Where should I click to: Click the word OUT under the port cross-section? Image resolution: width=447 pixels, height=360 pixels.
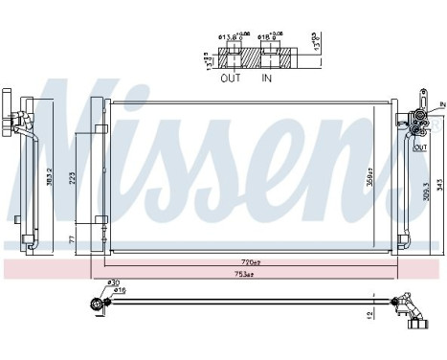(232, 79)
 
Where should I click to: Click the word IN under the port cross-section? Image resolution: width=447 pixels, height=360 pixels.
(267, 79)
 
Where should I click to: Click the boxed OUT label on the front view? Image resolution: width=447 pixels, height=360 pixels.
(419, 148)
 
